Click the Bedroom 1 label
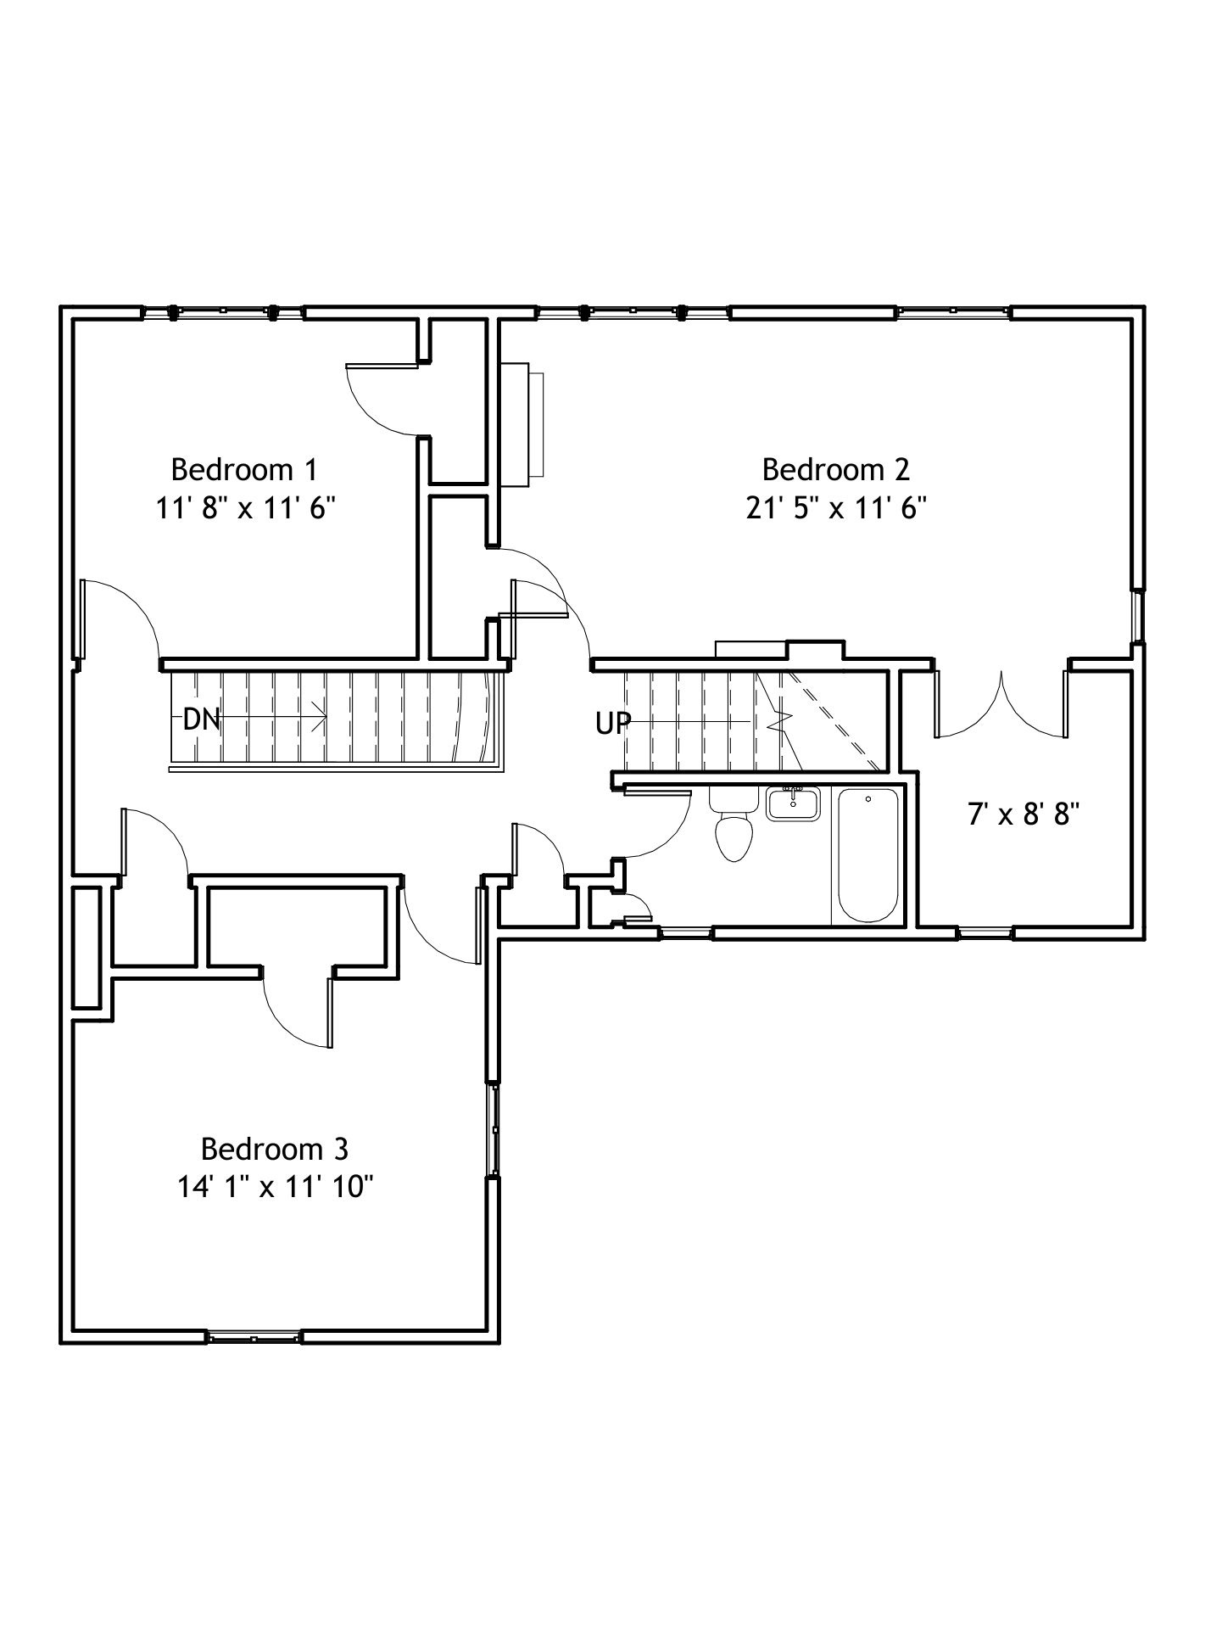click(244, 469)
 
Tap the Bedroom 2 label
click(835, 469)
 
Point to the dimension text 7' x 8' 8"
click(1023, 815)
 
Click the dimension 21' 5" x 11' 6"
click(835, 508)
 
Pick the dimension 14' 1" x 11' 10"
click(275, 1188)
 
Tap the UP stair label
click(612, 723)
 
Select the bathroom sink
click(793, 803)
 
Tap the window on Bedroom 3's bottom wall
click(254, 1337)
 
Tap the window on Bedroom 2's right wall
click(1139, 617)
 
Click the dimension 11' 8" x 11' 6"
click(245, 508)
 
